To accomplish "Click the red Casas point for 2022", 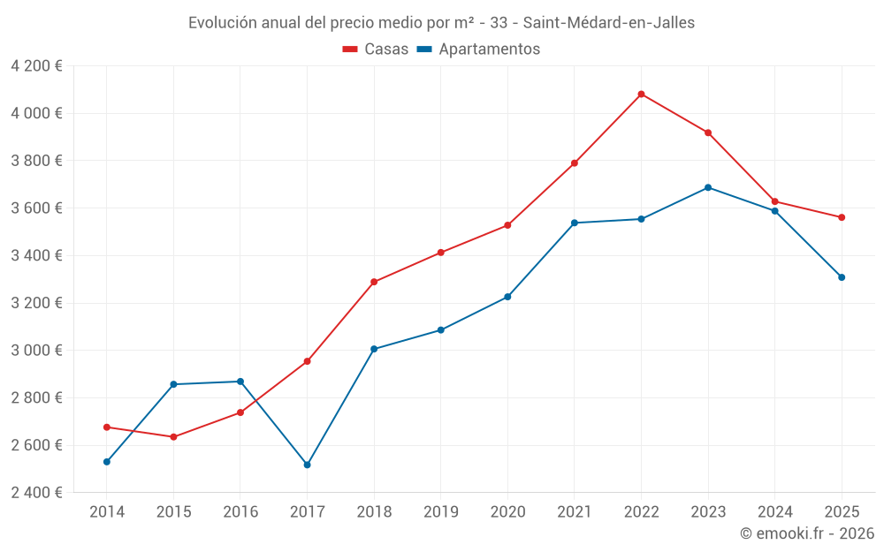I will [x=641, y=94].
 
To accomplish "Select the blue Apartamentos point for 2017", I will [x=307, y=465].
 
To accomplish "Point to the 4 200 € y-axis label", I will [x=36, y=66].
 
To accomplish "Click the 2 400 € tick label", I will [x=36, y=493].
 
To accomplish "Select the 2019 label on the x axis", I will [x=440, y=512].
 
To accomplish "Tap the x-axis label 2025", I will [x=841, y=512].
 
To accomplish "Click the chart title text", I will [x=441, y=23].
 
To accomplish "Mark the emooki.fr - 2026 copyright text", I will [x=806, y=533].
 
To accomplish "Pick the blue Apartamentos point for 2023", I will [x=708, y=187].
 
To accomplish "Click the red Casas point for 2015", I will [x=173, y=437].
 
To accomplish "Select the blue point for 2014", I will [x=107, y=462].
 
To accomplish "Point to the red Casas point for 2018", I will [x=374, y=282].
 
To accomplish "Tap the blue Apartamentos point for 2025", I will [x=842, y=277].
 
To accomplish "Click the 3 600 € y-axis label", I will [x=36, y=208].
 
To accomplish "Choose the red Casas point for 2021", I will [x=575, y=163].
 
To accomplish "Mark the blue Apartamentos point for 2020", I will [x=507, y=297].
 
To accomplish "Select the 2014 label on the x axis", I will [x=107, y=512].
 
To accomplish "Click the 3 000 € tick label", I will [x=36, y=351].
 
